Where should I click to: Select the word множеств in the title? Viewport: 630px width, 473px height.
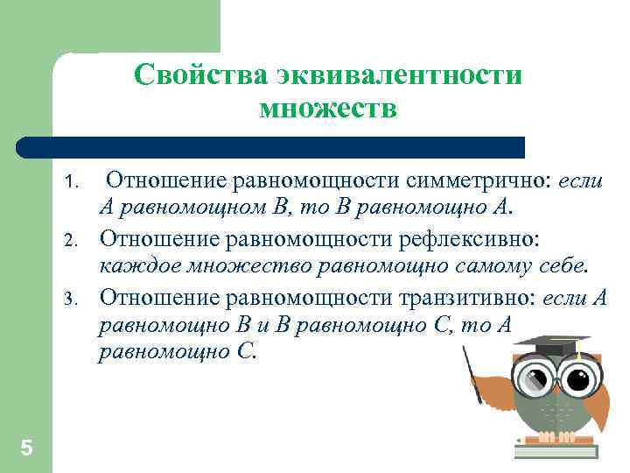pyautogui.click(x=328, y=109)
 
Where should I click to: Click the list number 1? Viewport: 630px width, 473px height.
pyautogui.click(x=74, y=183)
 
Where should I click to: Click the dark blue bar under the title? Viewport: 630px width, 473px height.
pyautogui.click(x=271, y=146)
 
